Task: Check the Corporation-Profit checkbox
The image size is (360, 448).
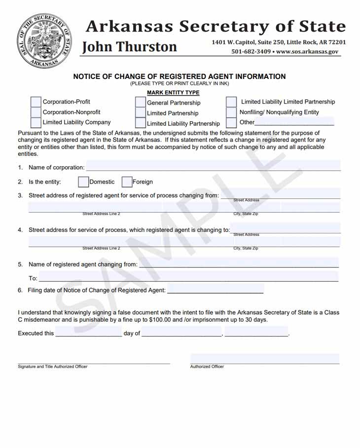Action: [36, 102]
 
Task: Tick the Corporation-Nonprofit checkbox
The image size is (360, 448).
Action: [36, 112]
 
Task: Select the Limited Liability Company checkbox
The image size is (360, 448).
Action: [36, 122]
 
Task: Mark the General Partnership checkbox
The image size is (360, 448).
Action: [141, 103]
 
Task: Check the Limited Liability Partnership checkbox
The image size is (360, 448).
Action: [141, 123]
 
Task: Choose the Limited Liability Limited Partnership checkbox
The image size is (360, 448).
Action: [231, 102]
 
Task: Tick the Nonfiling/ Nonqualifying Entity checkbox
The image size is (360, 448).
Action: [231, 112]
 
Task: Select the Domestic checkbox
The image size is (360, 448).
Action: [83, 182]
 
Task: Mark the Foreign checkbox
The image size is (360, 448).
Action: [127, 182]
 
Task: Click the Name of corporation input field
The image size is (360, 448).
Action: [213, 166]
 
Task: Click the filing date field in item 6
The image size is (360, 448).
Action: [215, 289]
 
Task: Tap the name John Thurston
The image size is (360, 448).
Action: [129, 47]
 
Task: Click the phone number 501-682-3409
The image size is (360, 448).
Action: [251, 51]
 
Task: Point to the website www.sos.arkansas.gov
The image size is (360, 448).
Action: [307, 51]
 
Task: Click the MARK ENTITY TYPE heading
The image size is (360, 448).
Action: [173, 93]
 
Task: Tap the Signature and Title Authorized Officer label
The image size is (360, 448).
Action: [53, 367]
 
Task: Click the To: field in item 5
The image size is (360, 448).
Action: [188, 277]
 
